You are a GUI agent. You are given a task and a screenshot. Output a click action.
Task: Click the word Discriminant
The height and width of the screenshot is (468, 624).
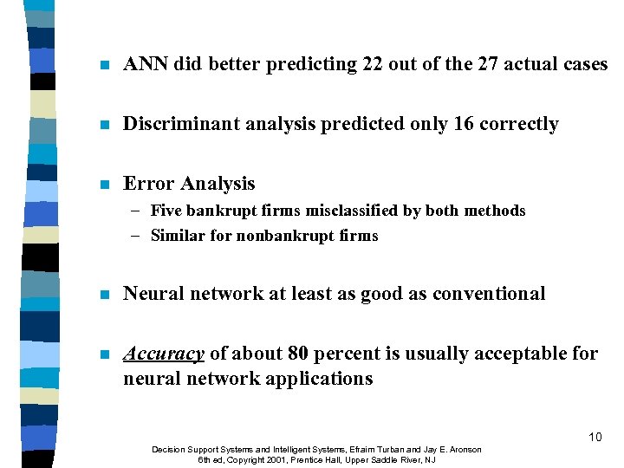[x=177, y=124]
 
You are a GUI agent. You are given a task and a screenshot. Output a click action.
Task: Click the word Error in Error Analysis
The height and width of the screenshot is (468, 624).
[x=148, y=184]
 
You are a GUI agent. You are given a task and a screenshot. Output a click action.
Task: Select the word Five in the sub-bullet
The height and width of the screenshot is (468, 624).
[x=165, y=211]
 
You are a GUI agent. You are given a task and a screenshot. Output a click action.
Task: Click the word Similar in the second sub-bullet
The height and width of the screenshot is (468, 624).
[x=178, y=236]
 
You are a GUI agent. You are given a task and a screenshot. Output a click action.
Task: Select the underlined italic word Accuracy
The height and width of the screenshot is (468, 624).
[x=164, y=354]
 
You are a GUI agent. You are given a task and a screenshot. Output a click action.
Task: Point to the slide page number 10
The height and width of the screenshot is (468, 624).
[x=595, y=437]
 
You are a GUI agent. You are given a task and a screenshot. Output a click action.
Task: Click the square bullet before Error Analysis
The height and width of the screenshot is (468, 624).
[x=104, y=185]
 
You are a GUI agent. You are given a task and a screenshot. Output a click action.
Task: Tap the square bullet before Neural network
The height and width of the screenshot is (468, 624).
[x=104, y=295]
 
